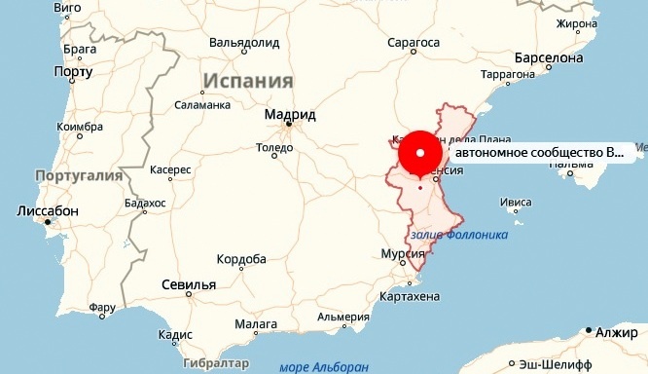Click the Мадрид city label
coord(290,113)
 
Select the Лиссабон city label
coord(48,211)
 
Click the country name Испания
coord(248,81)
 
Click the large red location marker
coord(420,154)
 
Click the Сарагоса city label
coord(414,43)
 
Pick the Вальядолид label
coord(244,43)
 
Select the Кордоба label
coord(240,259)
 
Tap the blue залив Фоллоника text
coord(460,235)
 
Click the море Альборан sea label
coord(324,366)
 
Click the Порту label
coord(73,72)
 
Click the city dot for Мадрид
coord(288,125)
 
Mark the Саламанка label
coord(202,104)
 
